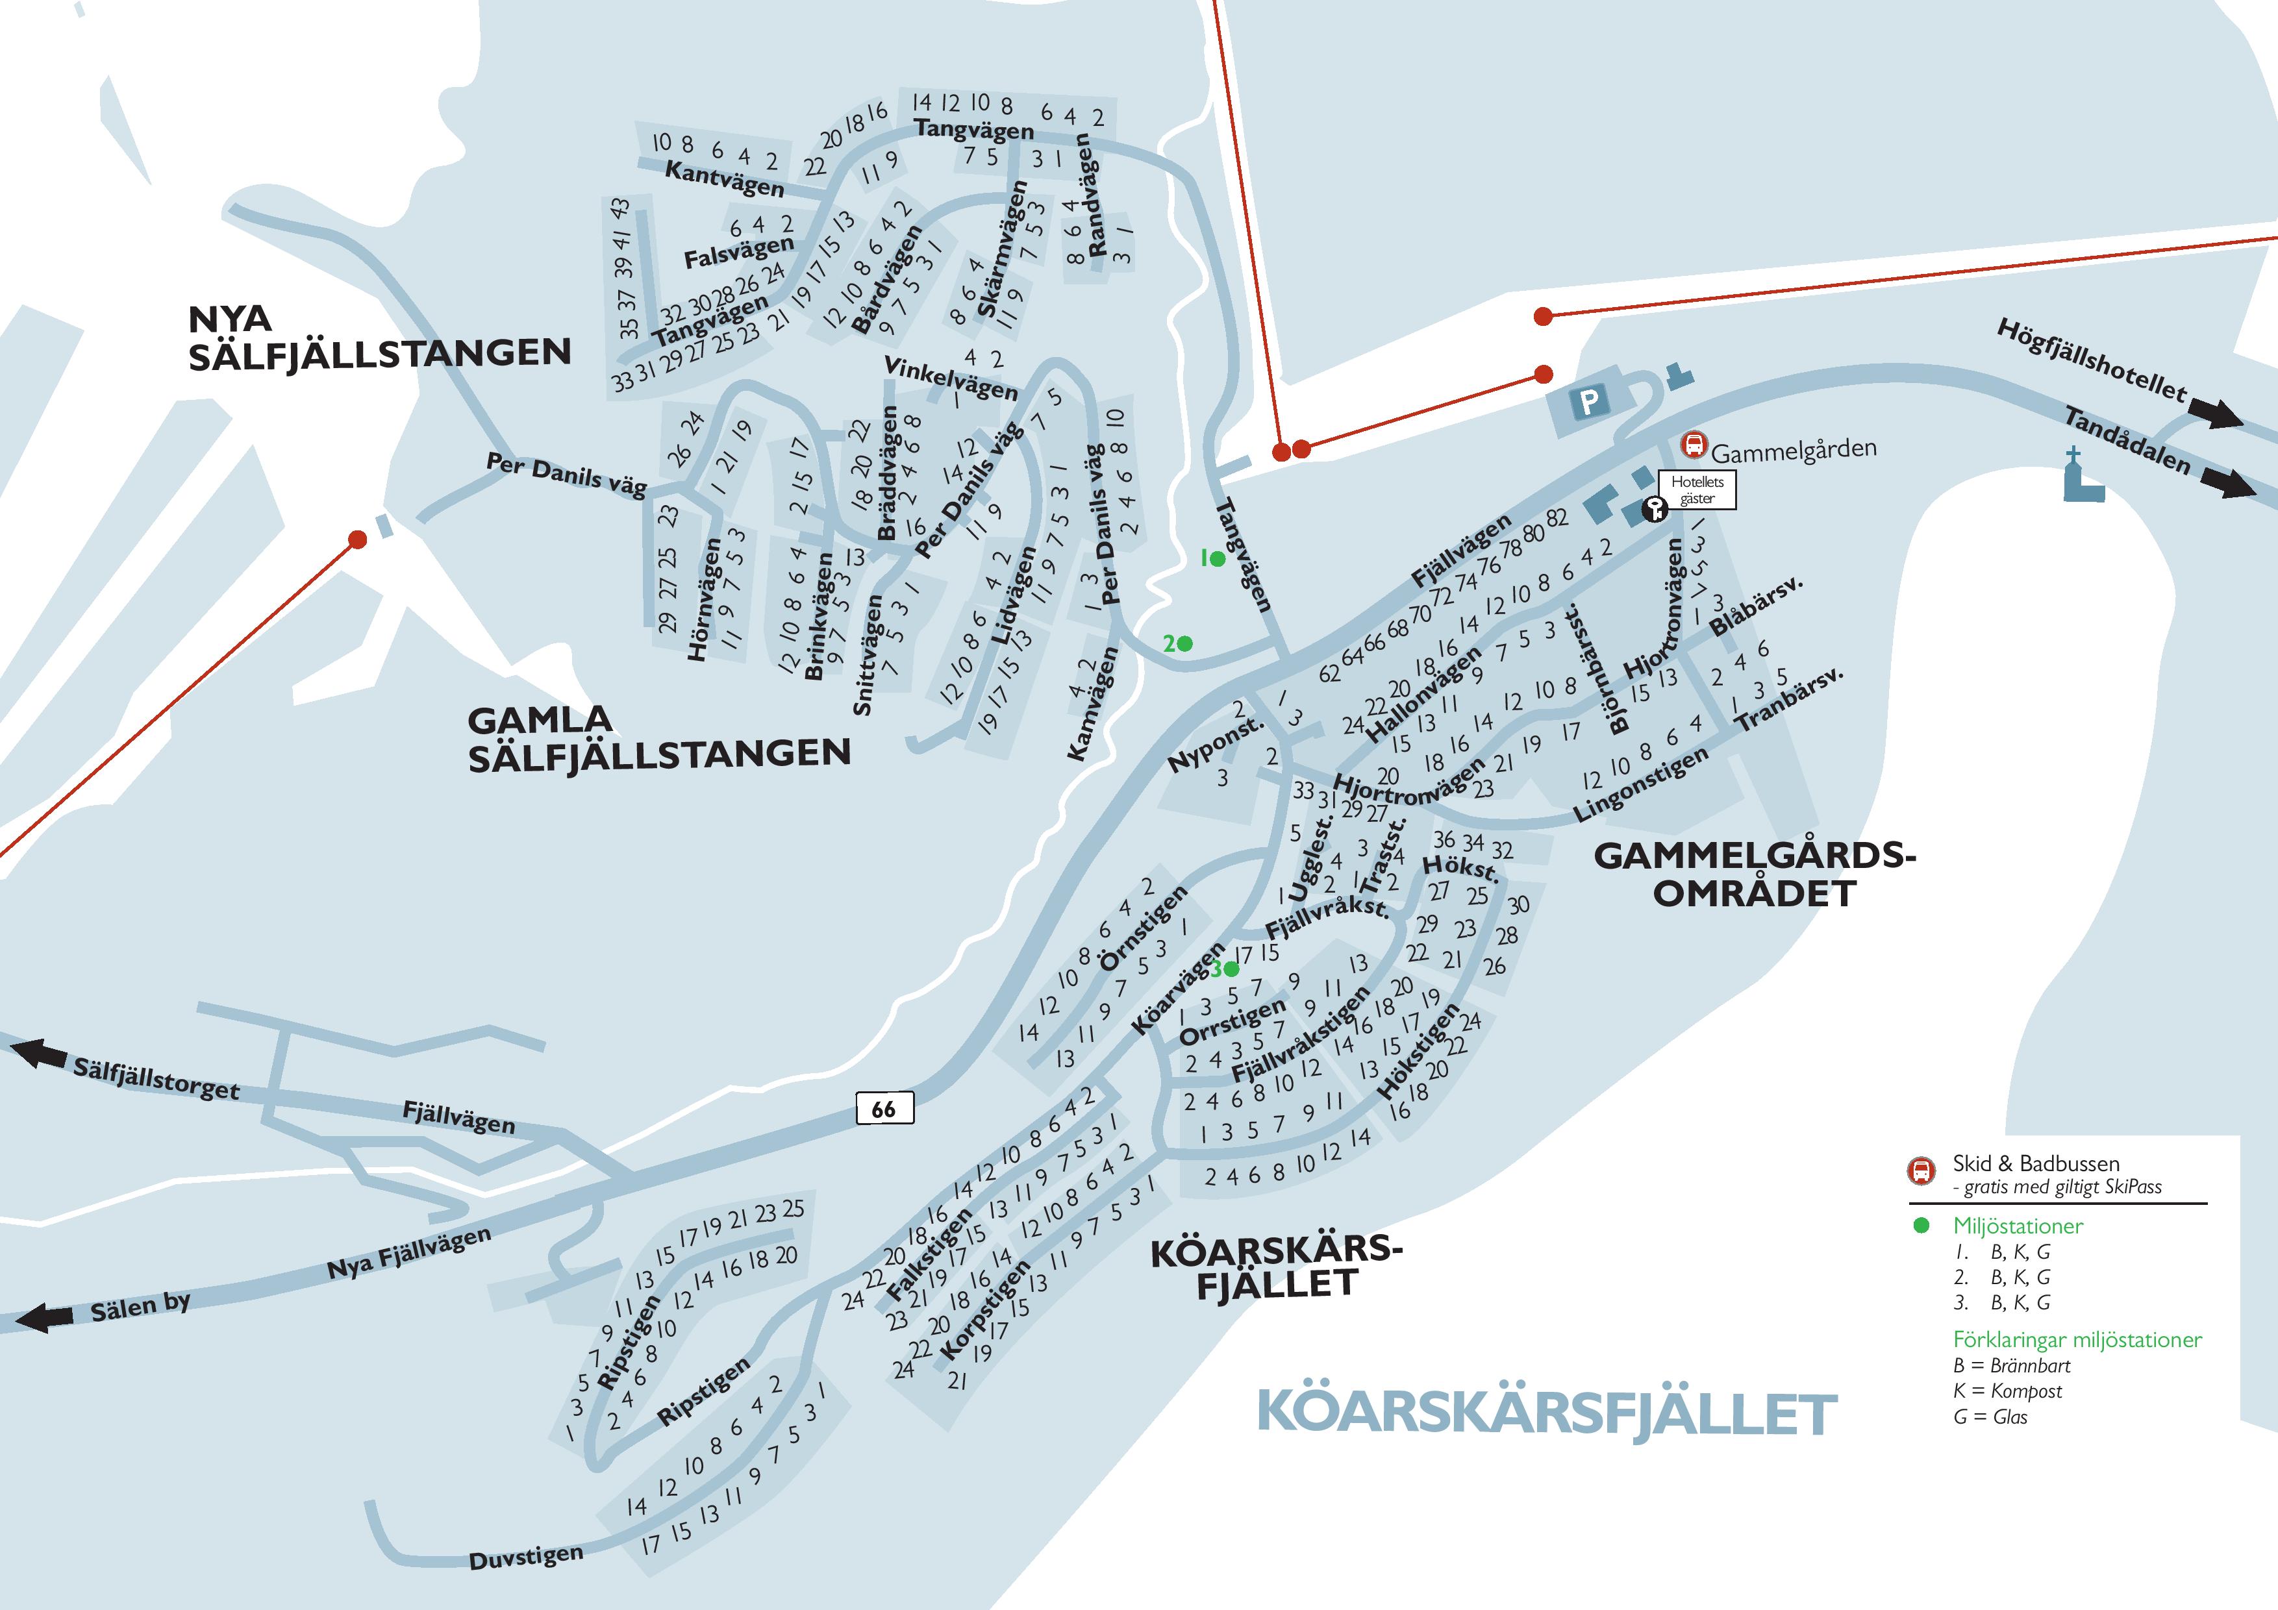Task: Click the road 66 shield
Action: [884, 1109]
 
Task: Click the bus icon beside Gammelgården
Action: [1694, 445]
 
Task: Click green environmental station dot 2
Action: [1184, 644]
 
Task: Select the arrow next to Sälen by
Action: [45, 1319]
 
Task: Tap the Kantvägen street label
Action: [724, 179]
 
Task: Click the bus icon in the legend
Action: [1921, 1170]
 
